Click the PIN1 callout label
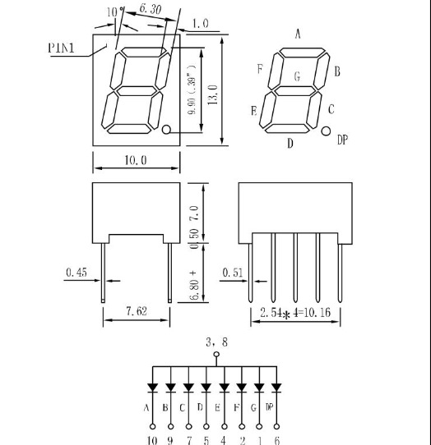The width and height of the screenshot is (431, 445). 61,48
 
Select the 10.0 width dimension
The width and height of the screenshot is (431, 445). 136,160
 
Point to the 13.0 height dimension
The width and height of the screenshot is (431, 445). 213,94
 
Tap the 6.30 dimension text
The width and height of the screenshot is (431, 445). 151,9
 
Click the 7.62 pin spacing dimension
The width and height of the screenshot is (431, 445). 137,311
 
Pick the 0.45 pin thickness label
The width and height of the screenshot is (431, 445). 76,272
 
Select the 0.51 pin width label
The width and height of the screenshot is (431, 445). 233,273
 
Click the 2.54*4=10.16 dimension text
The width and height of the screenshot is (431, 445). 295,313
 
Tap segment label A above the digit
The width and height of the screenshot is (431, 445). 298,34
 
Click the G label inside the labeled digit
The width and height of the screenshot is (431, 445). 298,76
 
